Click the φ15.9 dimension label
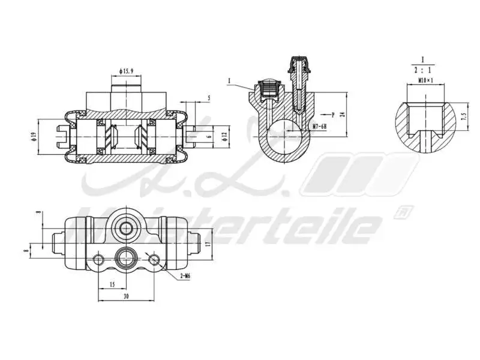point(126,71)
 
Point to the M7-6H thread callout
point(319,127)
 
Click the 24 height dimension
point(343,114)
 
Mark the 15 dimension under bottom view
point(112,284)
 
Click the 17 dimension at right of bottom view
point(207,244)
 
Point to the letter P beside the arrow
point(332,113)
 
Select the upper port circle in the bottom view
point(127,227)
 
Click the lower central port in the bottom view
point(127,258)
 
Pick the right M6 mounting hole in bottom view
point(155,259)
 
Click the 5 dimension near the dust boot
point(208,98)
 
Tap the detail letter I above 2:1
point(422,59)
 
